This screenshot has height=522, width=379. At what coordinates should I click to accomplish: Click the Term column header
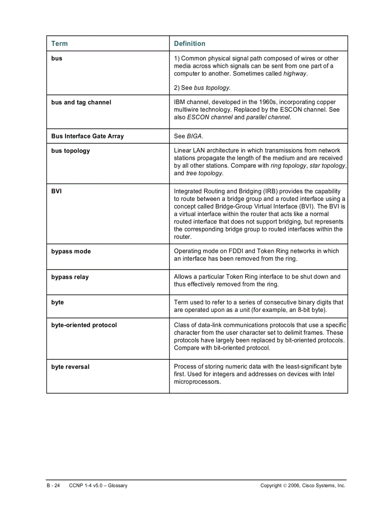pyautogui.click(x=59, y=44)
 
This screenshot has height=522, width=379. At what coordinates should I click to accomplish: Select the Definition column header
pyautogui.click(x=189, y=44)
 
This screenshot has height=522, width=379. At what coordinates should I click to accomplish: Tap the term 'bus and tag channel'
pyautogui.click(x=81, y=102)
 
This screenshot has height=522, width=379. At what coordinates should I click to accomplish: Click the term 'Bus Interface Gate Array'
pyautogui.click(x=87, y=136)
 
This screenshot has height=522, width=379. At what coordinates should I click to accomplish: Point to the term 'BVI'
pyautogui.click(x=56, y=191)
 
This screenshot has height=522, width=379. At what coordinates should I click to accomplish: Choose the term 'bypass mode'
pyautogui.click(x=71, y=251)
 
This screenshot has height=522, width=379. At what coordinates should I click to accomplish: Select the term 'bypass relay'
pyautogui.click(x=70, y=277)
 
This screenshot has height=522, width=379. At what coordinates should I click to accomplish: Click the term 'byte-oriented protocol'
pyautogui.click(x=84, y=325)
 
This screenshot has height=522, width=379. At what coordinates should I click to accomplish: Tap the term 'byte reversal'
pyautogui.click(x=71, y=367)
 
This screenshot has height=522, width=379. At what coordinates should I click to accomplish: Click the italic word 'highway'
pyautogui.click(x=295, y=73)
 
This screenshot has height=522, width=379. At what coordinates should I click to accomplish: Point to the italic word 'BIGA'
pyautogui.click(x=195, y=136)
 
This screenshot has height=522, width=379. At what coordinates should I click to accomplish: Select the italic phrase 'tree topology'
pyautogui.click(x=204, y=173)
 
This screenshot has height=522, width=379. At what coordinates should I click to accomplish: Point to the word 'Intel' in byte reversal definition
pyautogui.click(x=328, y=374)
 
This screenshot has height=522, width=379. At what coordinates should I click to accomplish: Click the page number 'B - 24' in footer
pyautogui.click(x=53, y=485)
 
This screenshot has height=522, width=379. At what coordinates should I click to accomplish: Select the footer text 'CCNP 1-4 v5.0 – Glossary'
pyautogui.click(x=98, y=485)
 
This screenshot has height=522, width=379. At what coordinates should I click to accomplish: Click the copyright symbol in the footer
pyautogui.click(x=284, y=485)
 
